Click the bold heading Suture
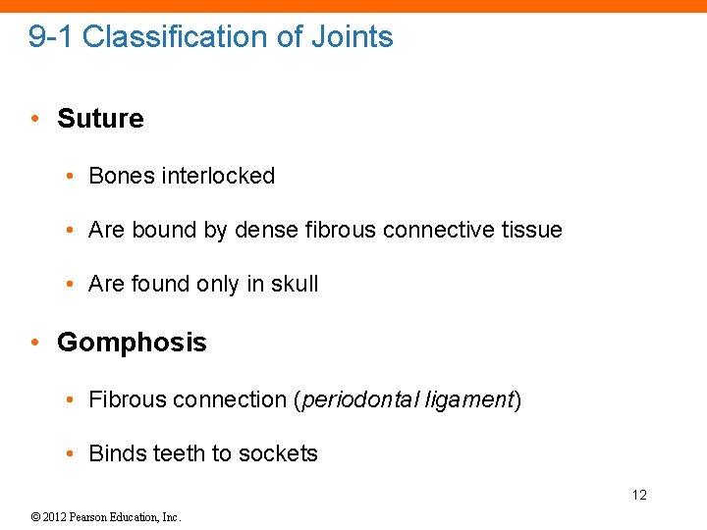point(100,119)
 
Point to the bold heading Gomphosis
point(132,343)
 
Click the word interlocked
point(218,176)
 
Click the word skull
point(295,284)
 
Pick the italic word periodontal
point(358,400)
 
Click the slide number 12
point(639,495)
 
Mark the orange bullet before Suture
point(34,119)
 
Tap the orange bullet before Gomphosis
point(34,343)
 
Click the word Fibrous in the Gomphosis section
point(127,400)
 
